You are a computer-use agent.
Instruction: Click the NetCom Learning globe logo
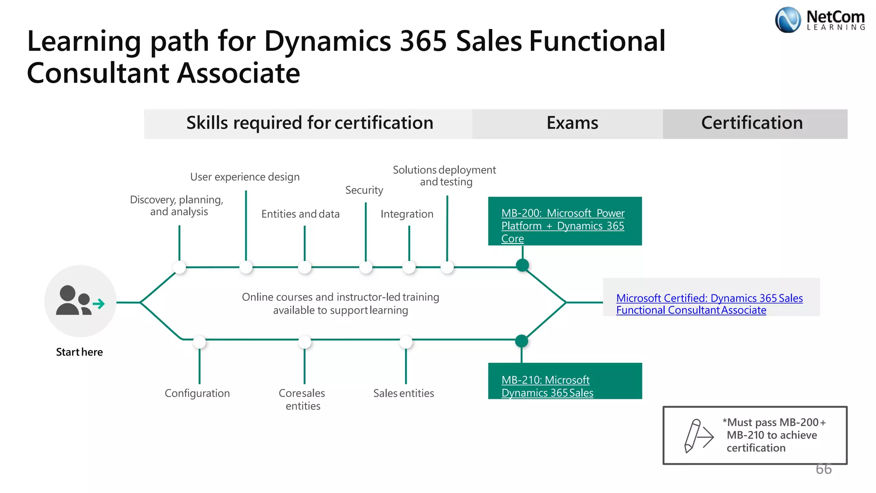[x=787, y=20]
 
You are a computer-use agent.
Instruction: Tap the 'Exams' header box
[x=572, y=123]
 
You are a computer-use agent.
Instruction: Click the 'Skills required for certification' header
[x=309, y=123]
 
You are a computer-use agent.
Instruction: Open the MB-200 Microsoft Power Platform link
[x=562, y=225]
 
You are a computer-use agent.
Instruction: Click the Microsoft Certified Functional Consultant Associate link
[x=709, y=304]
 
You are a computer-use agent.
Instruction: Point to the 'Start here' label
[x=79, y=352]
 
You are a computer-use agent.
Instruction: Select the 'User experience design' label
[x=245, y=177]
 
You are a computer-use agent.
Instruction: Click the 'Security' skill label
[x=364, y=190]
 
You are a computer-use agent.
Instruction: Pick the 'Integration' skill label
[x=407, y=214]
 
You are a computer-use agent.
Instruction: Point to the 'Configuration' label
[x=197, y=393]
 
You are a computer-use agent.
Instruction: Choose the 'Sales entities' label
[x=403, y=393]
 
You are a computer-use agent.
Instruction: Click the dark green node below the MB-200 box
[x=522, y=265]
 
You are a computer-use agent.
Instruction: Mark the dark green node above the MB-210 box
[x=521, y=341]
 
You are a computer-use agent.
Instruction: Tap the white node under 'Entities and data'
[x=305, y=267]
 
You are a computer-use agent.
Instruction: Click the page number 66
[x=823, y=469]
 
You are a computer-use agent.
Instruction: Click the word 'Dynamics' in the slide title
[x=327, y=42]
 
